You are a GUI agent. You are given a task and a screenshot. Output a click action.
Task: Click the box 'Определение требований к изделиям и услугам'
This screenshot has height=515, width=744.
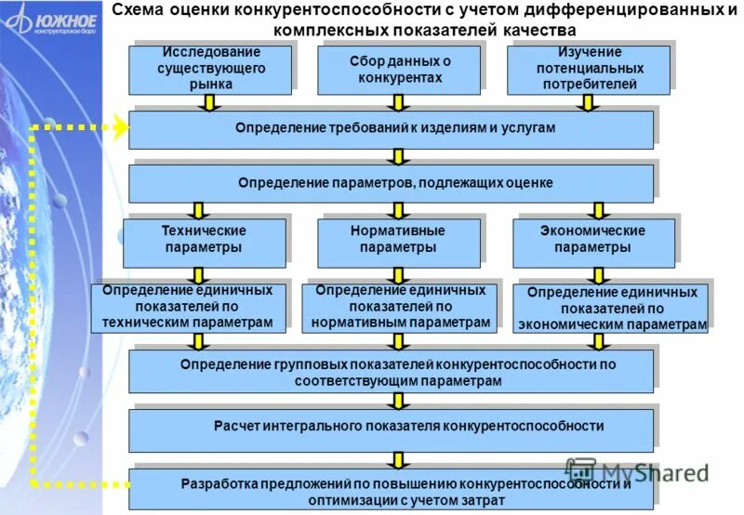coord(391,129)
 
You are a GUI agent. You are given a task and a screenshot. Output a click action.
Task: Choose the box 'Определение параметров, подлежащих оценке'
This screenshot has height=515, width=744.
coord(391,182)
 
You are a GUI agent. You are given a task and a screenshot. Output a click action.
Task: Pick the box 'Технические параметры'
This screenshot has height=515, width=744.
coord(204,241)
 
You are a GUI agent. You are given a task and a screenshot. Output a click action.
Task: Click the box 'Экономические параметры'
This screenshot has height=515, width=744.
coord(592,241)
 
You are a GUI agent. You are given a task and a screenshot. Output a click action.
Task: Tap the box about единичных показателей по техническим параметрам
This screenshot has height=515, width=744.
coord(194,307)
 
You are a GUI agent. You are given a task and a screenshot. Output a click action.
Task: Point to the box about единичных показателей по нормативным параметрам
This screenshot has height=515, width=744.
coord(400,307)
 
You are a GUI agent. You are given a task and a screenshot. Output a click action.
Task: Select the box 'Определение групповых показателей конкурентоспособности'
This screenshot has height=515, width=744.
coord(391,372)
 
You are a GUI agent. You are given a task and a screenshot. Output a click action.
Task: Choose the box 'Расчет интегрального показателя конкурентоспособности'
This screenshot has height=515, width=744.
coord(391,429)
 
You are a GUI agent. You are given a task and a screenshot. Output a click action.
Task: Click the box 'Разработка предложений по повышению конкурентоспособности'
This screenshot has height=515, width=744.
coord(391,489)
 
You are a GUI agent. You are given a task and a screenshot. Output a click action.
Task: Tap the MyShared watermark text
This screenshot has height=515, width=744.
coord(642,471)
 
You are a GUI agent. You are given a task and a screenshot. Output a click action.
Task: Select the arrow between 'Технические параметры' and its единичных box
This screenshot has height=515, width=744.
coord(197,274)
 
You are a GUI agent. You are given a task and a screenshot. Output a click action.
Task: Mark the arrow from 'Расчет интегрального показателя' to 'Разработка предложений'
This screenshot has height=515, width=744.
coord(399,459)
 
